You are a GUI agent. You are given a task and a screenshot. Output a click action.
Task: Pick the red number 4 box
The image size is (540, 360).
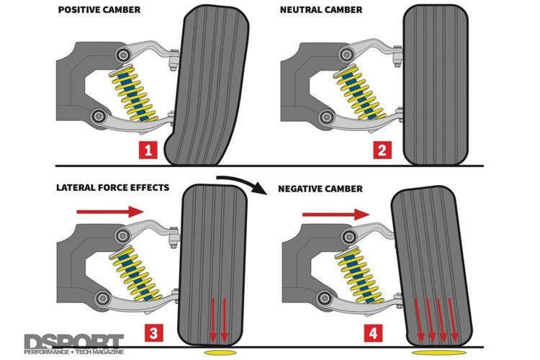372,333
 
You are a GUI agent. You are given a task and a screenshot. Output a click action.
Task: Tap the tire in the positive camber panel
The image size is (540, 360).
213,86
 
